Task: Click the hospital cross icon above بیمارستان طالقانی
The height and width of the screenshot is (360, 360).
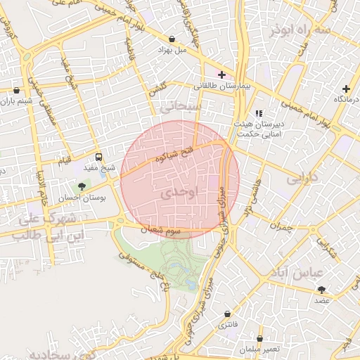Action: tap(221, 75)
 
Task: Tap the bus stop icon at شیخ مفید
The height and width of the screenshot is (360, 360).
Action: tap(98, 157)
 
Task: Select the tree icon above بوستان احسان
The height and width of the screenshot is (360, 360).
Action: tap(83, 186)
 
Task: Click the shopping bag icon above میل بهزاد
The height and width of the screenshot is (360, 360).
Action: tap(173, 39)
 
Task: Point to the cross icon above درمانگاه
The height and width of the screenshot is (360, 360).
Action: tap(345, 89)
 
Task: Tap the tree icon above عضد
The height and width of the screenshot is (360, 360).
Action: tap(322, 289)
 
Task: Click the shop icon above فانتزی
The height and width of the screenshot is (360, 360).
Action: tap(227, 314)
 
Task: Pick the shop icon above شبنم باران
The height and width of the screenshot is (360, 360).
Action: tap(17, 90)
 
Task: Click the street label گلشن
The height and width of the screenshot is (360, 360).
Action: tap(156, 90)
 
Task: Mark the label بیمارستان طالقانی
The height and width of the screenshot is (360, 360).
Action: tap(221, 86)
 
